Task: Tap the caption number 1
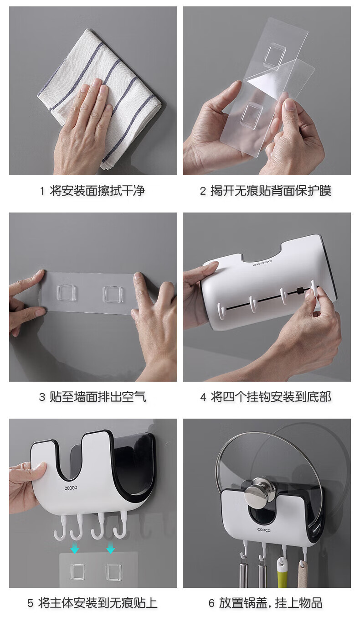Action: point(42,191)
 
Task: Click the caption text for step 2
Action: point(271,191)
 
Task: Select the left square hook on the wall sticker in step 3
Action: point(67,293)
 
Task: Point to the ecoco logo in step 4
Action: point(262,262)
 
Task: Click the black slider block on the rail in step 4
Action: point(299,290)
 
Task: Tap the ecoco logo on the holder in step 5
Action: point(71,487)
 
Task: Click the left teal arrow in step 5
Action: point(75,548)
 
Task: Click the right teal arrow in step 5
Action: point(110,548)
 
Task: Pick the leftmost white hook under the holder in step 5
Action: point(61,526)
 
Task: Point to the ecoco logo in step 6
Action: point(263,529)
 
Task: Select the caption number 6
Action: point(211,603)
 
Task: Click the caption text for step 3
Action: point(98,397)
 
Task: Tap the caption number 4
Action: point(203,397)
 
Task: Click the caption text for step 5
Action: point(98,603)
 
